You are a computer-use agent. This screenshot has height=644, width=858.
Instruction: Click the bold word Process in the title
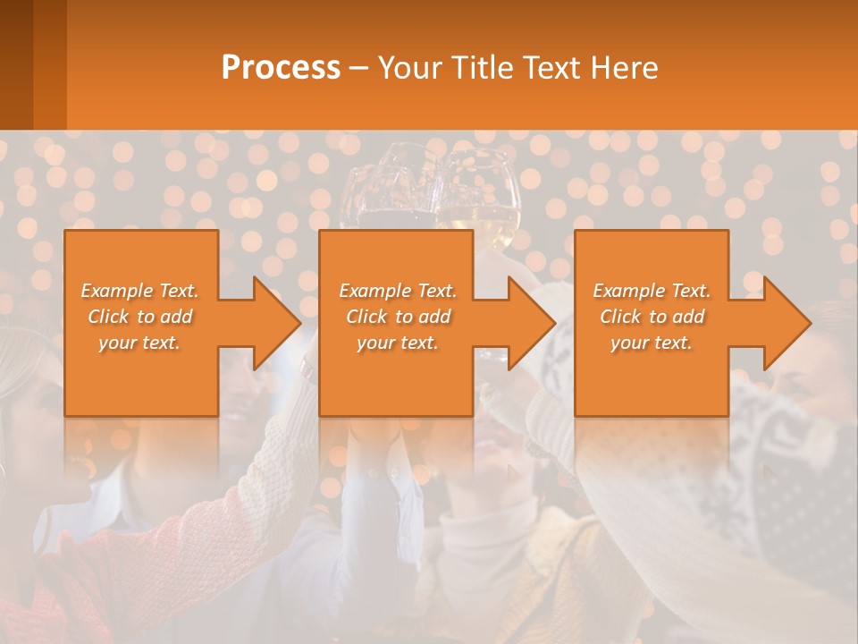click(x=281, y=67)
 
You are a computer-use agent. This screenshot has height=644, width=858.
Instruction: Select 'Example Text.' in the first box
click(x=140, y=291)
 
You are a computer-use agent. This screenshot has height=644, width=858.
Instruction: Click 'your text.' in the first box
click(x=140, y=343)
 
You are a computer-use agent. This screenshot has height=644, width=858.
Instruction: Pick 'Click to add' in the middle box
click(x=398, y=317)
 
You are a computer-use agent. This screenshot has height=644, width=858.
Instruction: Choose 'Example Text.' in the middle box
click(x=398, y=291)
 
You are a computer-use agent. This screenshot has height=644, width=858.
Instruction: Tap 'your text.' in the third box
click(x=652, y=343)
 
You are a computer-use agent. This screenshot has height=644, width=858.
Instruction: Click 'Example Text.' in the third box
click(x=652, y=291)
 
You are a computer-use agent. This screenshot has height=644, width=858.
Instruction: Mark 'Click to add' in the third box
click(x=652, y=317)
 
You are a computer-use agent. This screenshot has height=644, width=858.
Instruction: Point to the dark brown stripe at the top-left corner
click(x=16, y=63)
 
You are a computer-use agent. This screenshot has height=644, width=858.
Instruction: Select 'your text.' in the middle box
click(x=398, y=343)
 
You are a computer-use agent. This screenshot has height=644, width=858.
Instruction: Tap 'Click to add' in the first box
click(x=140, y=317)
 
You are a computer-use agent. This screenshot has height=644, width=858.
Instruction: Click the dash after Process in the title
click(x=357, y=68)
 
